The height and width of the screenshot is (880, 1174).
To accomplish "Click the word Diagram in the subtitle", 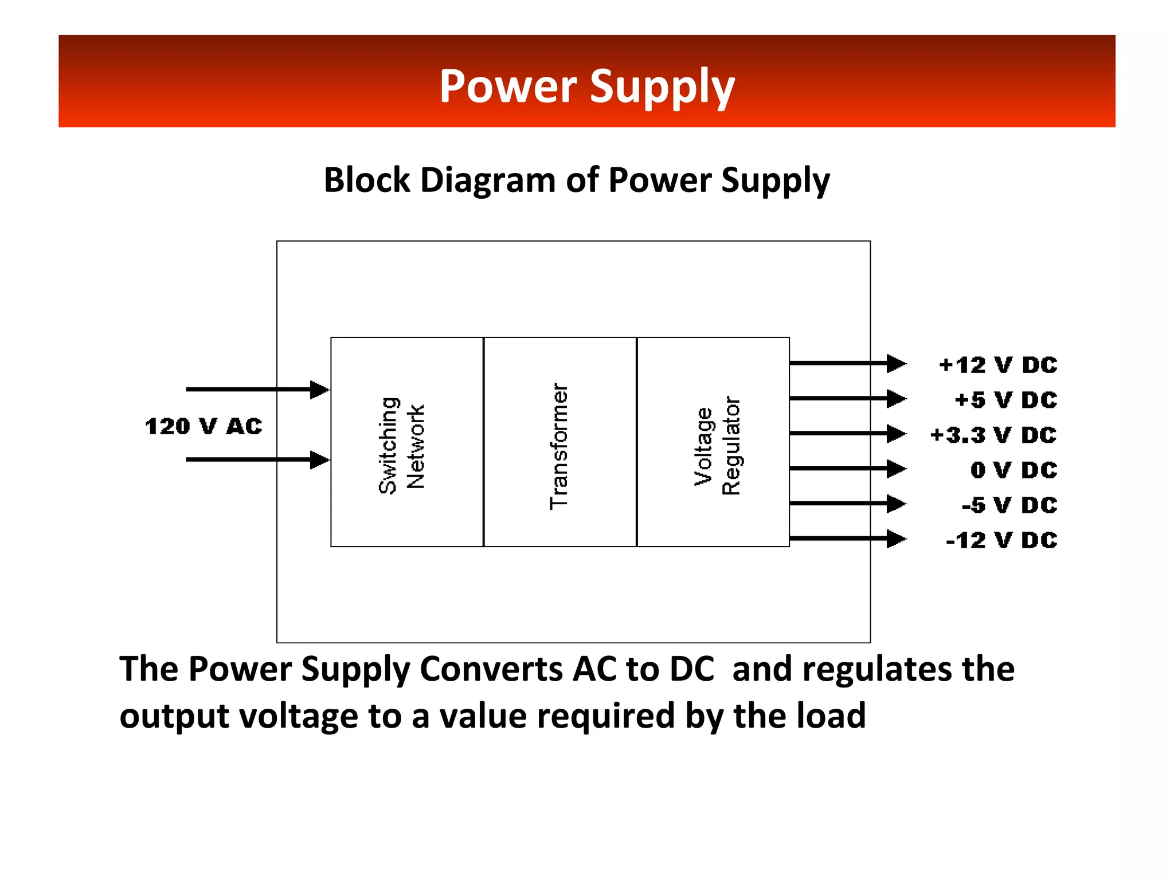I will click(x=487, y=180).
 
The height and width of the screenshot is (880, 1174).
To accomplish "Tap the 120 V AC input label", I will click(x=204, y=426).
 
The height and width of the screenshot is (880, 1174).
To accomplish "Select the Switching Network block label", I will click(x=401, y=445).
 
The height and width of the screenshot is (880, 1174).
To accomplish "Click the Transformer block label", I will click(x=559, y=446).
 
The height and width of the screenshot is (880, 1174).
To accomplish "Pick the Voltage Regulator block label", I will click(x=717, y=446).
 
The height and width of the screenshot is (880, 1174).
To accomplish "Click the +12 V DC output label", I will click(x=997, y=365).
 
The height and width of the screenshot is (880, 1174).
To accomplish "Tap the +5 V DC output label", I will click(x=1005, y=400).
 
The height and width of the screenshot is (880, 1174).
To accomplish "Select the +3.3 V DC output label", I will click(x=993, y=435).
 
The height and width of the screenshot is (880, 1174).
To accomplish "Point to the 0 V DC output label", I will click(x=1013, y=470).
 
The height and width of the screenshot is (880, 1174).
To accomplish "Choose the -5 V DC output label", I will click(x=1009, y=505).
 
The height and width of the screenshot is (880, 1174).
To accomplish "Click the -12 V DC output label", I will click(x=1001, y=540).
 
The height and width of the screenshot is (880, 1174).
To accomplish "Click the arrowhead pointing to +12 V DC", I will click(x=895, y=363).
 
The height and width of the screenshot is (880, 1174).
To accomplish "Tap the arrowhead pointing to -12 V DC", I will click(x=895, y=539).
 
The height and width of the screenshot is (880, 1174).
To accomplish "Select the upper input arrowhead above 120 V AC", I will click(x=319, y=390).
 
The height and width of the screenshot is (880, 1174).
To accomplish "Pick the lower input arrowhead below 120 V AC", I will click(x=319, y=459).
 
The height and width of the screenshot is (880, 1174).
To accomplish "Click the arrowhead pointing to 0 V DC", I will click(x=895, y=469).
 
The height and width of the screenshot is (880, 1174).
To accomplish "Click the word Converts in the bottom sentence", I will click(x=491, y=669).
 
